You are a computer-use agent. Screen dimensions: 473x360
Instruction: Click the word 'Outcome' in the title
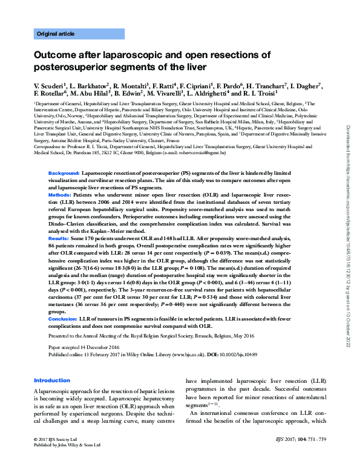pyautogui.click(x=56, y=55)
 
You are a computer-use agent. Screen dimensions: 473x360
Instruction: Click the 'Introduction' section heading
pyautogui.click(x=52, y=380)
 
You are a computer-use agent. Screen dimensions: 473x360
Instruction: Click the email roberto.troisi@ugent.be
pyautogui.click(x=205, y=153)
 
